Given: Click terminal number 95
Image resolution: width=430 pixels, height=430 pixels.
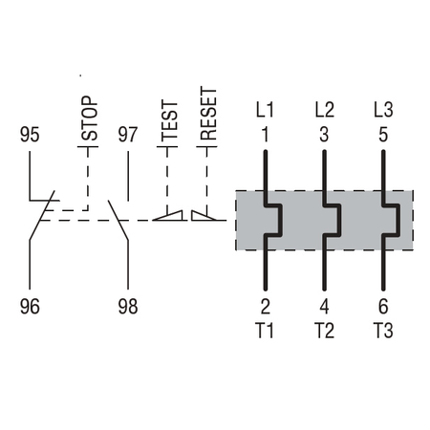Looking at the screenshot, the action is click(x=30, y=135).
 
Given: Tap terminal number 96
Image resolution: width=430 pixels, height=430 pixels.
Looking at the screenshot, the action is click(x=30, y=307).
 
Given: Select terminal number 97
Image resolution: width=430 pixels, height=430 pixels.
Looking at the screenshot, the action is click(x=128, y=135).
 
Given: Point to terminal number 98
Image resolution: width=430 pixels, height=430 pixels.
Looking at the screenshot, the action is click(x=128, y=307).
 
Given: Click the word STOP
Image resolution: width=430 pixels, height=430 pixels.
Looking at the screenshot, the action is click(x=89, y=118).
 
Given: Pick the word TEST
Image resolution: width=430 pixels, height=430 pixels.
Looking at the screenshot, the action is click(x=169, y=120).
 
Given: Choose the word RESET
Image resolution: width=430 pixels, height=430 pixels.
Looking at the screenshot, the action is click(x=208, y=114).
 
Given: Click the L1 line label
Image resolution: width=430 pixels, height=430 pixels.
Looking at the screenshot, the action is click(x=265, y=110).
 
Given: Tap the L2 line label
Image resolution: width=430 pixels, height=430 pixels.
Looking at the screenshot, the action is click(x=325, y=110).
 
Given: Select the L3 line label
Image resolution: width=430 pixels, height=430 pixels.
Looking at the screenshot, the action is click(x=383, y=110).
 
